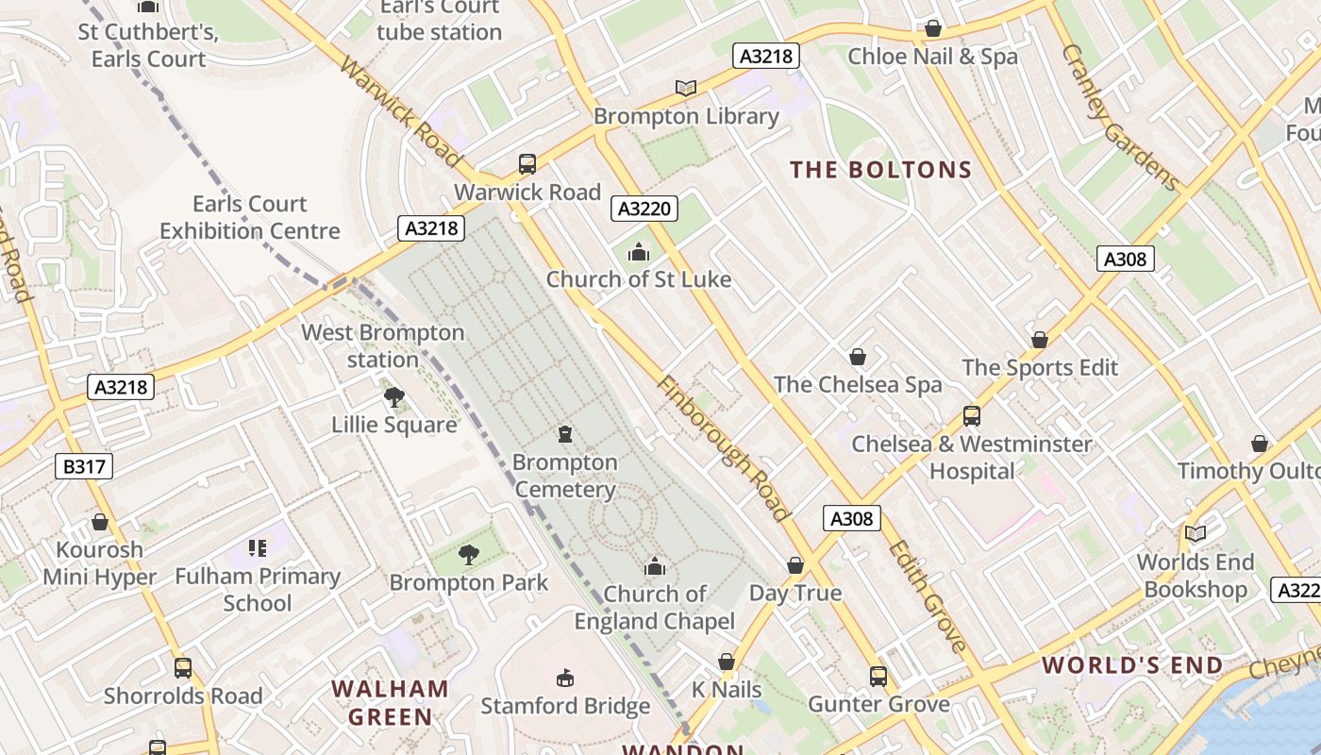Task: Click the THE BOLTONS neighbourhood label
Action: [880, 170]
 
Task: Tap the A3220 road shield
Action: [644, 209]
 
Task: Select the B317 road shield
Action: [83, 466]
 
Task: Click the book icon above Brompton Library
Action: [686, 88]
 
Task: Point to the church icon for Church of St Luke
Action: [639, 252]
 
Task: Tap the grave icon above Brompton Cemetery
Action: [565, 434]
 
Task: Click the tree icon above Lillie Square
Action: [394, 396]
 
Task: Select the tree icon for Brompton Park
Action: [468, 555]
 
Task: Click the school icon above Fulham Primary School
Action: [258, 548]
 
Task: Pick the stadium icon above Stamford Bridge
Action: [565, 678]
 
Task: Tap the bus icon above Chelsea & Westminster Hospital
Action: [971, 415]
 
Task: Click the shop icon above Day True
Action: [795, 565]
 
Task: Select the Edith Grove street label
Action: [928, 596]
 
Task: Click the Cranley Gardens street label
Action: [1120, 118]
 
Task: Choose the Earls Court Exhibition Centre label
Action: [250, 217]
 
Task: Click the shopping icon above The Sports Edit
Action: [1040, 340]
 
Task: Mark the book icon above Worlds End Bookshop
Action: [1196, 534]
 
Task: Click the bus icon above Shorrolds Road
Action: [183, 668]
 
